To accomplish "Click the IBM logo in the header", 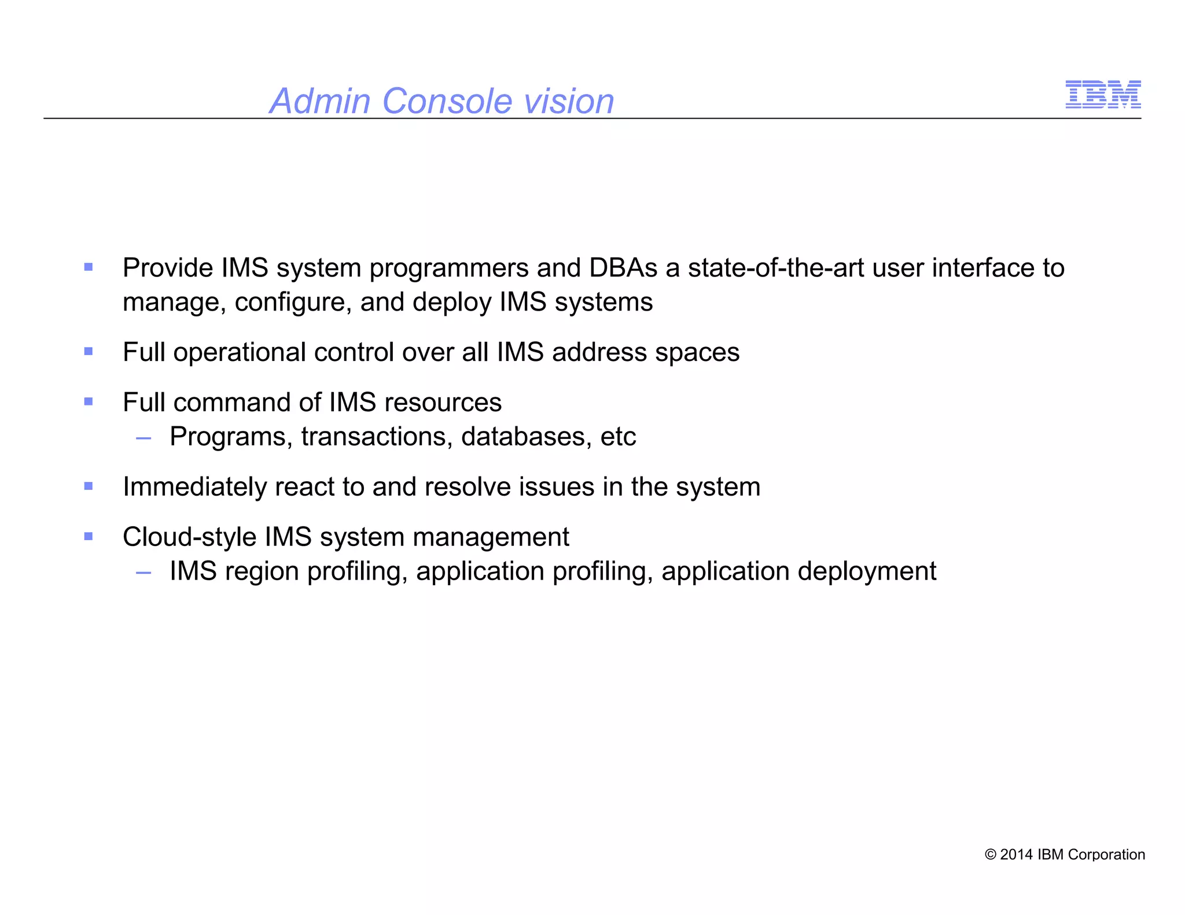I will (x=1103, y=94).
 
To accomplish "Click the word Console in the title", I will (x=447, y=101).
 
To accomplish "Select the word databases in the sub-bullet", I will (x=526, y=437).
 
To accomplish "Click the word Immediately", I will (x=194, y=487).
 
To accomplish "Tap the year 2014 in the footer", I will (x=1017, y=854).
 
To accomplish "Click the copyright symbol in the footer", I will (x=991, y=855).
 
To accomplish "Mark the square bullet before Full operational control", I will (x=89, y=351).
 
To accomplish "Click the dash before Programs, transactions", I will (x=143, y=439).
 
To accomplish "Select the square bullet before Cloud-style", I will (x=89, y=536).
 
